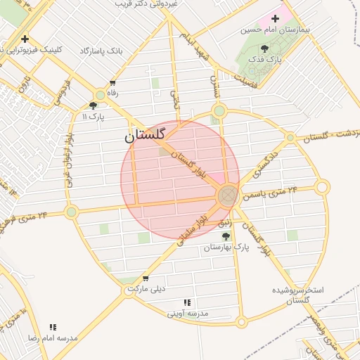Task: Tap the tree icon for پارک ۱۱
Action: coord(94,105)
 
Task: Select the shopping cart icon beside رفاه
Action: coord(112,83)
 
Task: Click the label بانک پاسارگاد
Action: coord(101,51)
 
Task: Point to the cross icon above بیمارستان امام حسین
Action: coord(275,18)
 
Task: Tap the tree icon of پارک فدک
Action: coord(264,49)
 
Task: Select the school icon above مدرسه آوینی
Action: coord(186,302)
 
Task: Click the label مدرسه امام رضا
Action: coord(52,338)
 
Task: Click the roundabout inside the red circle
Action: coord(227,195)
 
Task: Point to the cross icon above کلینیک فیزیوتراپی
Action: coord(25,39)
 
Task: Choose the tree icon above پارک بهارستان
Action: coord(226,236)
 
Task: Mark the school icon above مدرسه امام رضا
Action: coord(53,326)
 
